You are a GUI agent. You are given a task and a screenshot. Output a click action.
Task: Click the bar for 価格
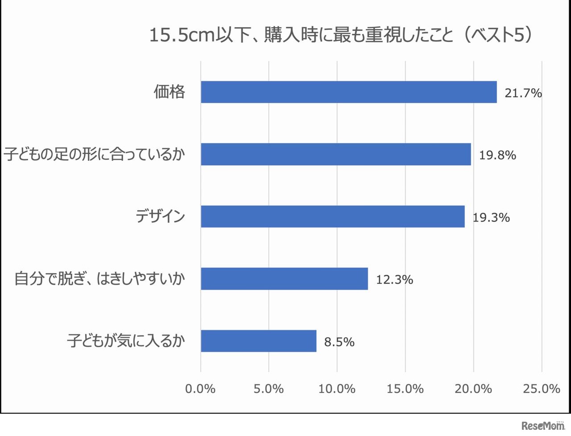pos(348,92)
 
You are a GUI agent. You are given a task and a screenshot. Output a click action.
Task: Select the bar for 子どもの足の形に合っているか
pos(335,154)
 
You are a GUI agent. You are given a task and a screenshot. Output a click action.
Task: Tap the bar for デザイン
pos(332,217)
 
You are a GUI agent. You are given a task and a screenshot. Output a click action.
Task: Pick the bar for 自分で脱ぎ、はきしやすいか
pos(284,279)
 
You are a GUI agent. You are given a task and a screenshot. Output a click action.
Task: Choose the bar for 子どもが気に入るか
pos(258,341)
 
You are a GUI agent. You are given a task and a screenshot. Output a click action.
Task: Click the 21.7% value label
pos(523,93)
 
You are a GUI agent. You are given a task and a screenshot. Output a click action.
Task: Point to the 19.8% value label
pos(497,155)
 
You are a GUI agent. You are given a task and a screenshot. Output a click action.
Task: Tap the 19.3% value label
pos(491,218)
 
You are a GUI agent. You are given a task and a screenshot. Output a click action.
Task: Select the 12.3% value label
pos(394,280)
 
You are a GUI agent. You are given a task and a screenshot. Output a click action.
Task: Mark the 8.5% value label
pos(339,342)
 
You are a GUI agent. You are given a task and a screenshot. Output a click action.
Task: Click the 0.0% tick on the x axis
pos(200,389)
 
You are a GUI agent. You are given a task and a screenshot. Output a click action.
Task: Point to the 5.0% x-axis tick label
pos(269,389)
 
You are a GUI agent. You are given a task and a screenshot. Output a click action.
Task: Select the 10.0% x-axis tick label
pos(337,389)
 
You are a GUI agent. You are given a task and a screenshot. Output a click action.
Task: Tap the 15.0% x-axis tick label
pos(405,389)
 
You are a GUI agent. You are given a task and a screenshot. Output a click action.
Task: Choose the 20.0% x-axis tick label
pos(473,389)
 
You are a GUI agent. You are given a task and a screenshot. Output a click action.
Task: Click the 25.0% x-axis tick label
pos(542,389)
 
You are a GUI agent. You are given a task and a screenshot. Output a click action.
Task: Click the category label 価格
pos(169,92)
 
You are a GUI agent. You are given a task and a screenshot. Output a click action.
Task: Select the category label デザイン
pos(160,216)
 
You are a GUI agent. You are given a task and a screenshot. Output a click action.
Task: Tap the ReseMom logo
pos(543,425)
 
